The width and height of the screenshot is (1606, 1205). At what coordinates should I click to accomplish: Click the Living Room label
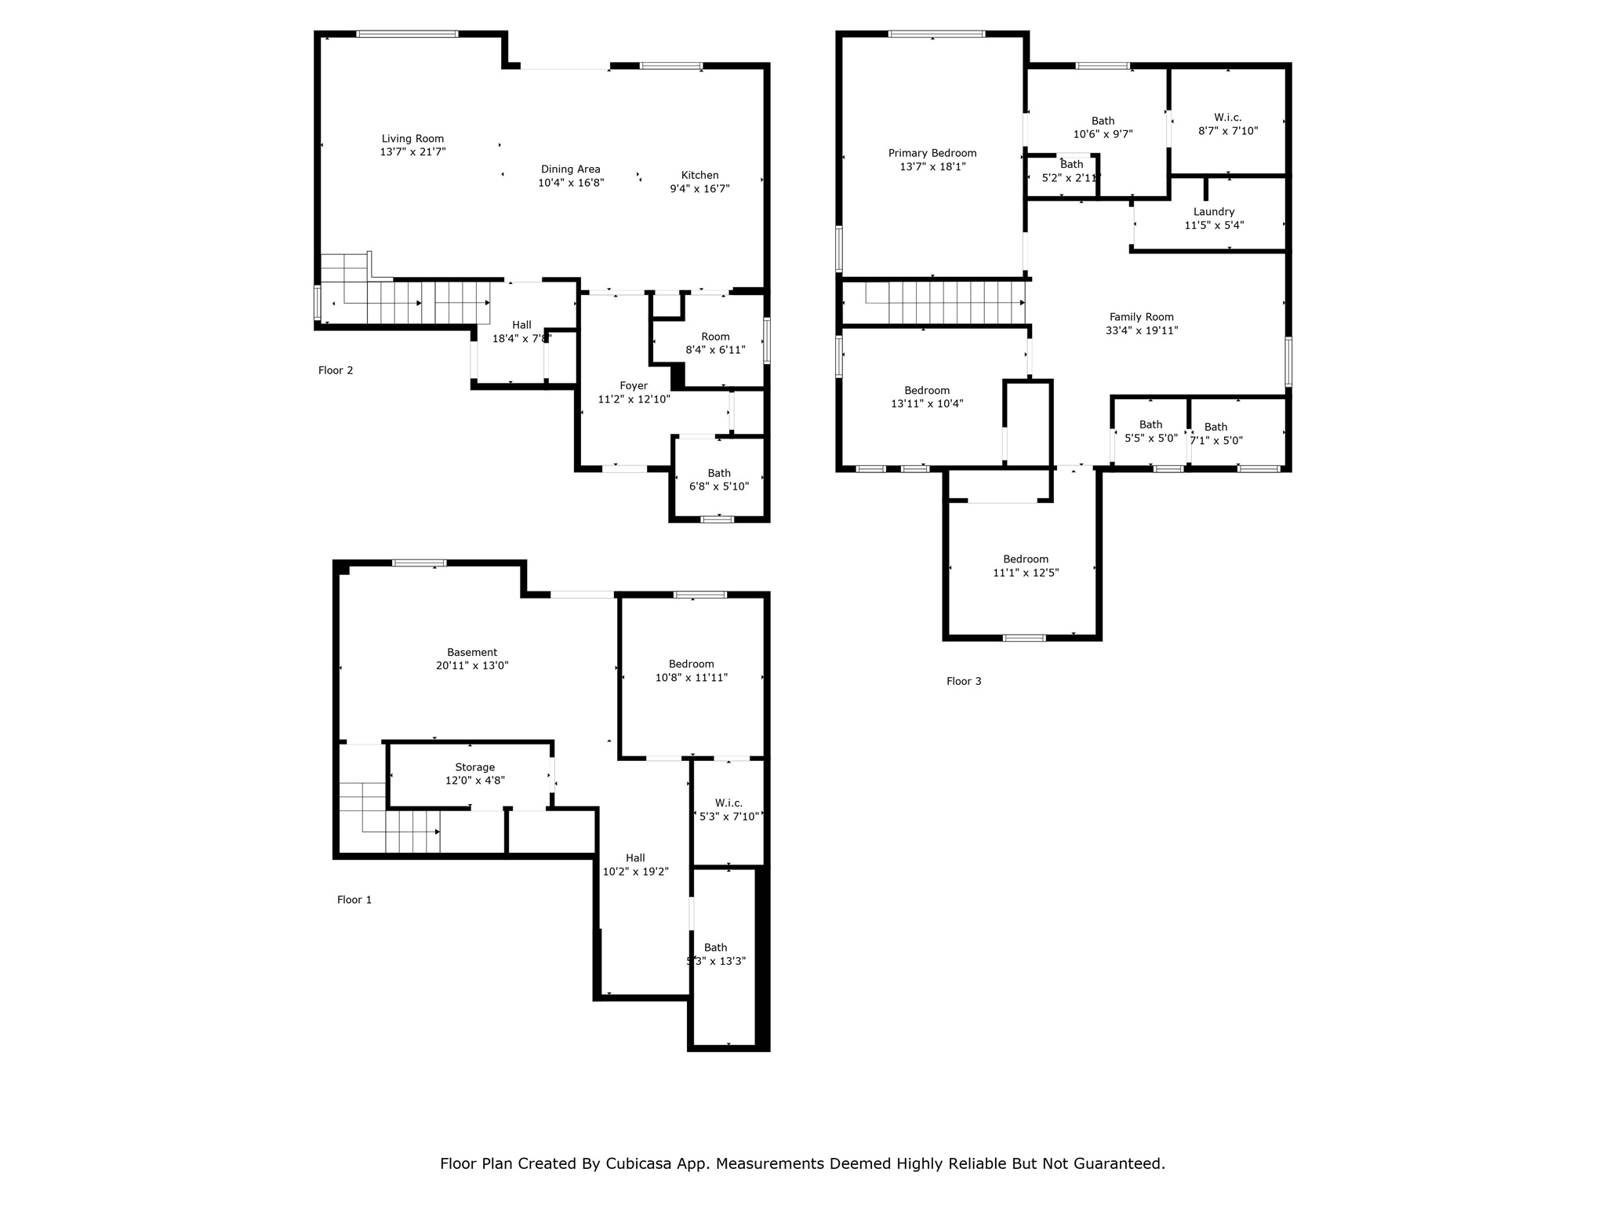(x=412, y=139)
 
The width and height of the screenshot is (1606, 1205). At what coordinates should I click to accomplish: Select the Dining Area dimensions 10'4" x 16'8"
(x=570, y=184)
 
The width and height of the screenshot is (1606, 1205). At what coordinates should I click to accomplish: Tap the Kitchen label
(x=699, y=175)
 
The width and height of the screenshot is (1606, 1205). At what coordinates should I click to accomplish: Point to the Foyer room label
(x=634, y=385)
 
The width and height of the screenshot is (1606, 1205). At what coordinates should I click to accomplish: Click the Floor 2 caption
(x=336, y=370)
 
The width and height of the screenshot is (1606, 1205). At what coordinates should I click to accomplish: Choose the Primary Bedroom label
(x=932, y=153)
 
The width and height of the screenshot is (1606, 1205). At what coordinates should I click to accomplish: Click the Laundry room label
(x=1213, y=212)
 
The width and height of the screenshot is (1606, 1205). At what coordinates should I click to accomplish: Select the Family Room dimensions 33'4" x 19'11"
(x=1141, y=331)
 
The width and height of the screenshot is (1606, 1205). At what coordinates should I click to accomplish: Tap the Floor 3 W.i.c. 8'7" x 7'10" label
(x=1227, y=125)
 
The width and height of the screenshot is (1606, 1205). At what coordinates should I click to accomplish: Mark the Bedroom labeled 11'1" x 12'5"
(x=1025, y=566)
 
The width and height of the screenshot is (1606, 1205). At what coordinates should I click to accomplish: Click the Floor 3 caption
(x=964, y=681)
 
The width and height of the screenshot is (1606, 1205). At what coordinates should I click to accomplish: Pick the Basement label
(x=472, y=652)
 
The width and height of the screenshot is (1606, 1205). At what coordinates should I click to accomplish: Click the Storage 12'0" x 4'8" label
(x=474, y=774)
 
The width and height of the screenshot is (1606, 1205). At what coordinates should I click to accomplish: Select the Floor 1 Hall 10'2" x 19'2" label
(x=635, y=865)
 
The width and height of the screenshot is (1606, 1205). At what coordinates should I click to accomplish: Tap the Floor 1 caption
(x=354, y=900)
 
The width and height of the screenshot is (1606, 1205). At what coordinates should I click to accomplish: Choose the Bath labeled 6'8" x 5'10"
(x=718, y=479)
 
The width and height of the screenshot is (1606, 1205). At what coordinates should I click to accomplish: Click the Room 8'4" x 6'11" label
(x=714, y=343)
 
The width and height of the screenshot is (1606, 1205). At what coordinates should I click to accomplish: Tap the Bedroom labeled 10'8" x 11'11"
(x=691, y=671)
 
